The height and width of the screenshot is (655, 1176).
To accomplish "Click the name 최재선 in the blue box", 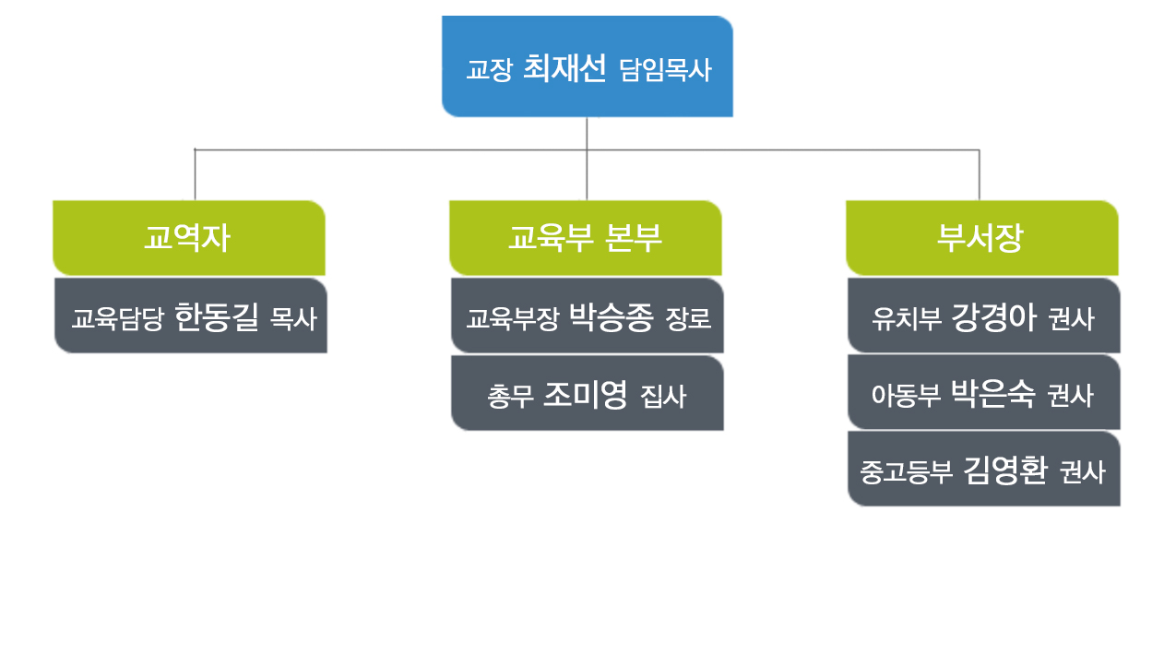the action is [x=564, y=68].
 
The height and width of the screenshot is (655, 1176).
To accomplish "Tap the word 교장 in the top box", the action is [x=489, y=70].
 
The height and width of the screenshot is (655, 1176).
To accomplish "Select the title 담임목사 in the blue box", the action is [x=665, y=70].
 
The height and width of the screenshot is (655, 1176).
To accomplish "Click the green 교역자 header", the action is [x=189, y=238].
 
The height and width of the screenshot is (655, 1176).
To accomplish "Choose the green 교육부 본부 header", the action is [x=586, y=238].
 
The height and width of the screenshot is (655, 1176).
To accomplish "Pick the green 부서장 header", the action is [x=981, y=238].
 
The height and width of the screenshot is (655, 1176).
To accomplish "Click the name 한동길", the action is [x=217, y=316].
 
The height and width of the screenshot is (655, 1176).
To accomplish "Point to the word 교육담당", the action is [x=118, y=319].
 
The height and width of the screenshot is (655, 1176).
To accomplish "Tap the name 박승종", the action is [x=612, y=316].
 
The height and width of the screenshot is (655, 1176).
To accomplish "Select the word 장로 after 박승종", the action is [x=688, y=319].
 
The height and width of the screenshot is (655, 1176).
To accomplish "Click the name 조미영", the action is [x=585, y=395].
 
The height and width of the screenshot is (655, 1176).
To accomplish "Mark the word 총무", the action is [x=510, y=397].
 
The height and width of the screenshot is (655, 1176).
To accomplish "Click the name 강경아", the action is [x=993, y=316].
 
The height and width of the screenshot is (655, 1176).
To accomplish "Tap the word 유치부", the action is [x=906, y=319].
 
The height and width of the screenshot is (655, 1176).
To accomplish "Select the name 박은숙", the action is [x=992, y=393].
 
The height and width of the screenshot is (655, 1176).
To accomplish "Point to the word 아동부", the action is [x=906, y=396].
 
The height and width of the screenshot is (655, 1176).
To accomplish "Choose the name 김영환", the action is [x=1005, y=470].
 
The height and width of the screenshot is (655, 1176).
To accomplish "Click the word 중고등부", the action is [x=906, y=472].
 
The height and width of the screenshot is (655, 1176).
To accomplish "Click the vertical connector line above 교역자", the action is [x=195, y=175].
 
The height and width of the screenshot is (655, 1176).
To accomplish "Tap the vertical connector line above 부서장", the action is [x=980, y=175].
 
